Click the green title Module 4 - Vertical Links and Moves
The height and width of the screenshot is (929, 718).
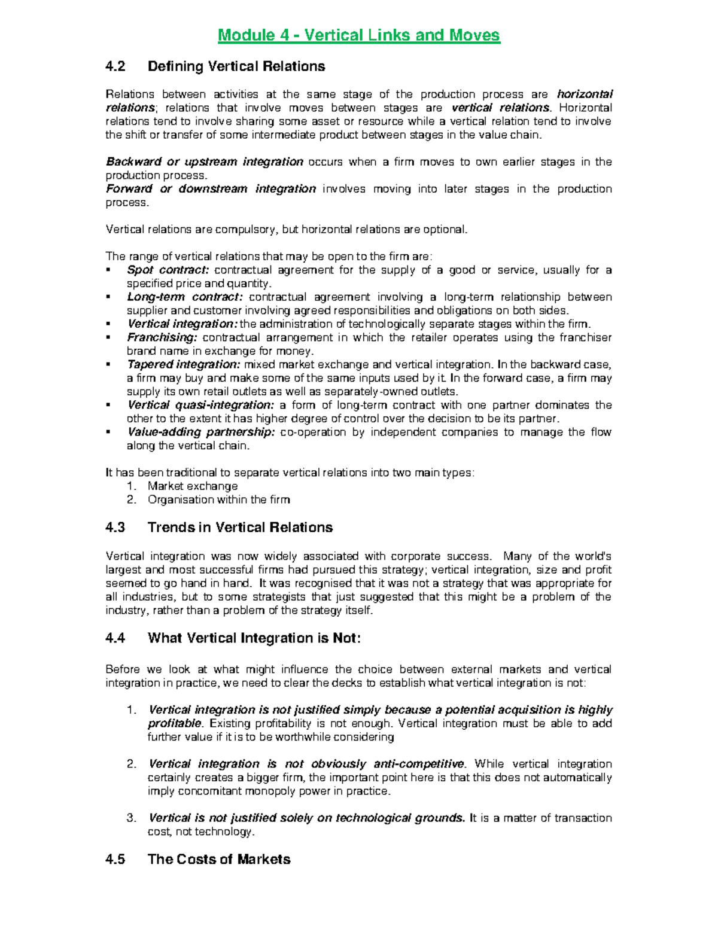(359, 35)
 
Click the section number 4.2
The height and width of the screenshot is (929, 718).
(115, 66)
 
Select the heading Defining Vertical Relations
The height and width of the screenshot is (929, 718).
(236, 66)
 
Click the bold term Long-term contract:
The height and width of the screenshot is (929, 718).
(185, 297)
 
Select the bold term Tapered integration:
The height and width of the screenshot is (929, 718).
(183, 364)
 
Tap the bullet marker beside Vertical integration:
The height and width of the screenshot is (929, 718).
(108, 324)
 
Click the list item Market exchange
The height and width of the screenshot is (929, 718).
(193, 486)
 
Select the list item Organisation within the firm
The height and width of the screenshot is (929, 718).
(218, 499)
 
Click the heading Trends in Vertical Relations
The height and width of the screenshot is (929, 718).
(240, 528)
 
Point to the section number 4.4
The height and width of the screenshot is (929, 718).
(115, 638)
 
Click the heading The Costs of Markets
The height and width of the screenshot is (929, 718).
(219, 860)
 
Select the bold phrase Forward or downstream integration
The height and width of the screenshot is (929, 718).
(211, 189)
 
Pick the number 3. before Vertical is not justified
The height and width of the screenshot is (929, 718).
(132, 818)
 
